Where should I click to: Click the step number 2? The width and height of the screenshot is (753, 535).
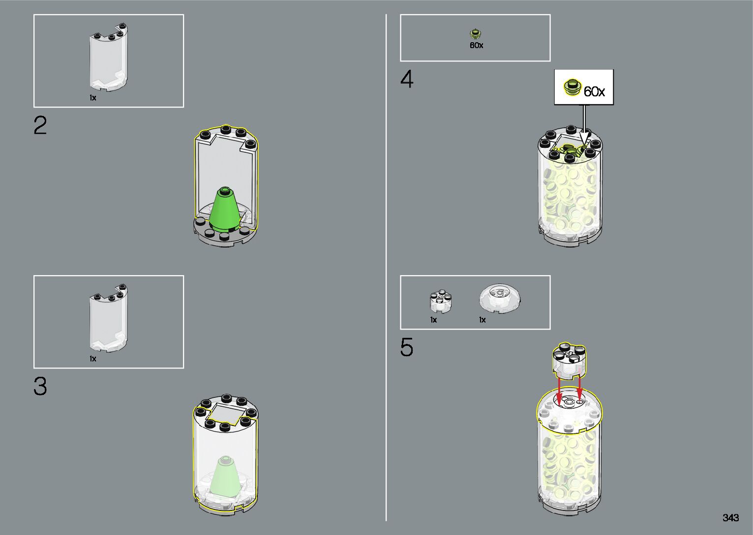(x=40, y=126)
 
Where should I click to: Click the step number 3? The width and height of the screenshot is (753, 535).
(x=40, y=386)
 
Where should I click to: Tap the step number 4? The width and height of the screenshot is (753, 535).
(x=407, y=80)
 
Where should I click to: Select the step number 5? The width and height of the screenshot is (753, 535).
(x=407, y=348)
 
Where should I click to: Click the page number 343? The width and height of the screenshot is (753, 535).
(x=731, y=518)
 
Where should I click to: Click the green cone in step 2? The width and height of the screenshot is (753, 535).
(x=225, y=209)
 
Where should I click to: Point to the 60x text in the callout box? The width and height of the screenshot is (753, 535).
(x=594, y=91)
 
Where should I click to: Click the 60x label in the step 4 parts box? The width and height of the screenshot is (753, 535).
(x=476, y=45)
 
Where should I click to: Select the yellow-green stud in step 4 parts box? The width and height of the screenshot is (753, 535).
(x=476, y=34)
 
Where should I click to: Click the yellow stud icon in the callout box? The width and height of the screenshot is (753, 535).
(x=572, y=87)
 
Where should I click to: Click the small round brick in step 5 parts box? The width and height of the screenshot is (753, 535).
(x=441, y=301)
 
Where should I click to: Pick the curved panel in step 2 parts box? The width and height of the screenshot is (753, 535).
(x=108, y=59)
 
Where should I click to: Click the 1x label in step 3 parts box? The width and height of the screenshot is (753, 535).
(x=93, y=359)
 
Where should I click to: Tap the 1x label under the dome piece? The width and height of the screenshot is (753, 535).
(x=482, y=320)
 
